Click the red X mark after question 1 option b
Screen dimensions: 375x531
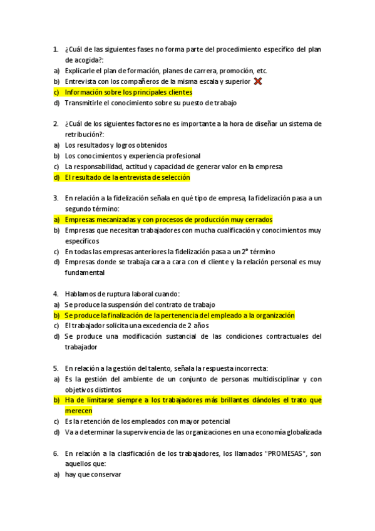(258, 81)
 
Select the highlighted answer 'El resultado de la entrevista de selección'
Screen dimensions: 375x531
(126, 177)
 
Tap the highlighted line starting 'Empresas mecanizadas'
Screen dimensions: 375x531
(168, 220)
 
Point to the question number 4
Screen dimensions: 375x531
(56, 294)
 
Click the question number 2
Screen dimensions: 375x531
(56, 124)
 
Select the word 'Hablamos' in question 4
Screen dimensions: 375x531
(81, 294)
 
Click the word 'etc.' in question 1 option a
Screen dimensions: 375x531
(262, 71)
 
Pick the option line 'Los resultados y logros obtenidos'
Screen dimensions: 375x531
(116, 145)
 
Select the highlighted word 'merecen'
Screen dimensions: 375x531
(78, 411)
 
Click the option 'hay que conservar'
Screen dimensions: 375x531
(93, 475)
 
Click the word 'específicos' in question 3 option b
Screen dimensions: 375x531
(82, 241)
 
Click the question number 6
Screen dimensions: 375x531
(56, 453)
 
